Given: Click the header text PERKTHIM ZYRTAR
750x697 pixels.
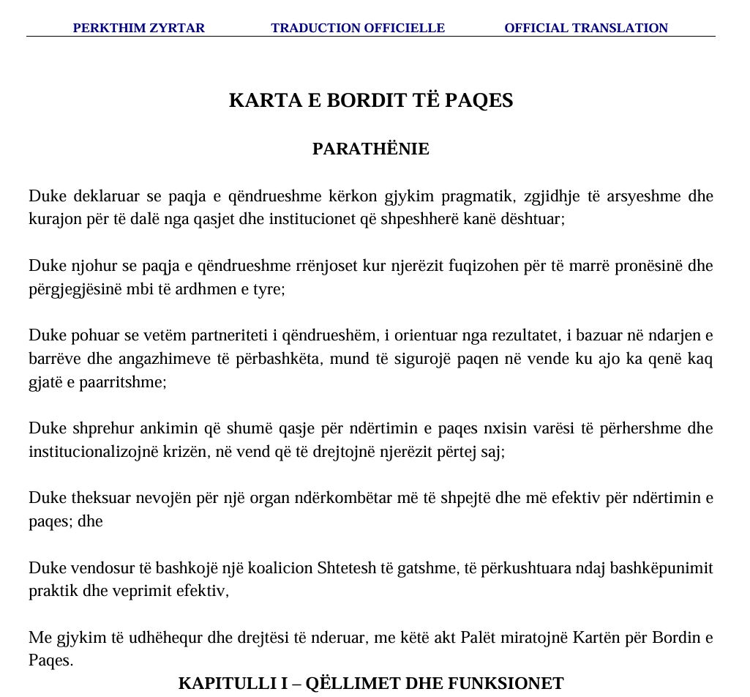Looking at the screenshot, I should pyautogui.click(x=138, y=28).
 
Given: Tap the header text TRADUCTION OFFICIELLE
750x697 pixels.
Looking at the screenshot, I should pyautogui.click(x=358, y=28).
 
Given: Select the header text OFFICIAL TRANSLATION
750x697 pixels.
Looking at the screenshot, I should pyautogui.click(x=586, y=28).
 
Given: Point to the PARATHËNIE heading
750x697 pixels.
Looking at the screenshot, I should pyautogui.click(x=371, y=149).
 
